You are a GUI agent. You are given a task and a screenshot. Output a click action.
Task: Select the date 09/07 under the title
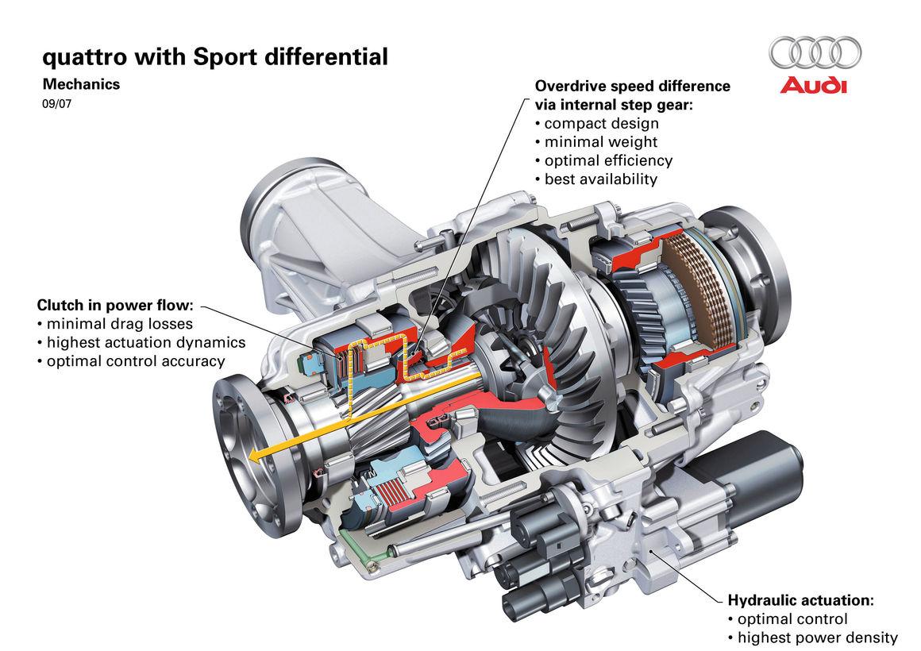click(x=55, y=102)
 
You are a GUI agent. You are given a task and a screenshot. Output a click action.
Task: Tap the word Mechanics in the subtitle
click(x=81, y=83)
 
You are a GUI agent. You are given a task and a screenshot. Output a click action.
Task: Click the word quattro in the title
click(x=83, y=56)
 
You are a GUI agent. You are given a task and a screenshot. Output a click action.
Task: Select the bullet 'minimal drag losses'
click(x=119, y=323)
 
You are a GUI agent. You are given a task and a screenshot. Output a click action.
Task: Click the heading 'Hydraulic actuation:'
click(x=800, y=599)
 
